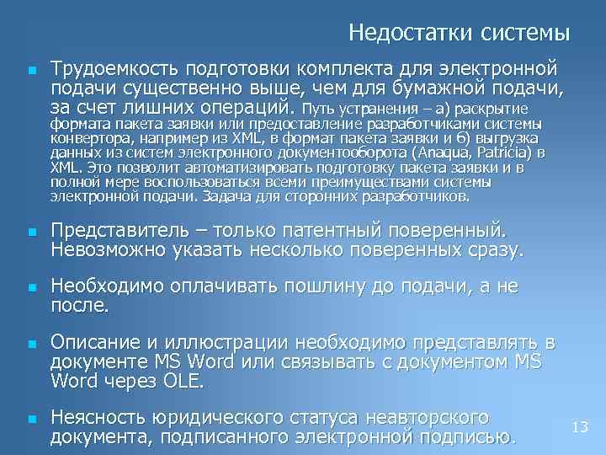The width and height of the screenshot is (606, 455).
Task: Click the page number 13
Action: pos(579,428)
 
